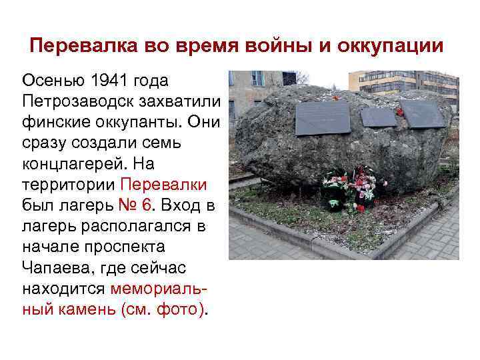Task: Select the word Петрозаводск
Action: pyautogui.click(x=71, y=101)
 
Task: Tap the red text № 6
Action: pyautogui.click(x=128, y=205)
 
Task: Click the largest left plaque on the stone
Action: pyautogui.click(x=323, y=118)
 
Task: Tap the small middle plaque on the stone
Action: pyautogui.click(x=379, y=117)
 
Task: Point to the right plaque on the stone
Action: pyautogui.click(x=423, y=113)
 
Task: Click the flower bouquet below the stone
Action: pyautogui.click(x=350, y=187)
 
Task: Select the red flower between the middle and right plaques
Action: pyautogui.click(x=400, y=112)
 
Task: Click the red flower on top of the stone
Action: pyautogui.click(x=335, y=97)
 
